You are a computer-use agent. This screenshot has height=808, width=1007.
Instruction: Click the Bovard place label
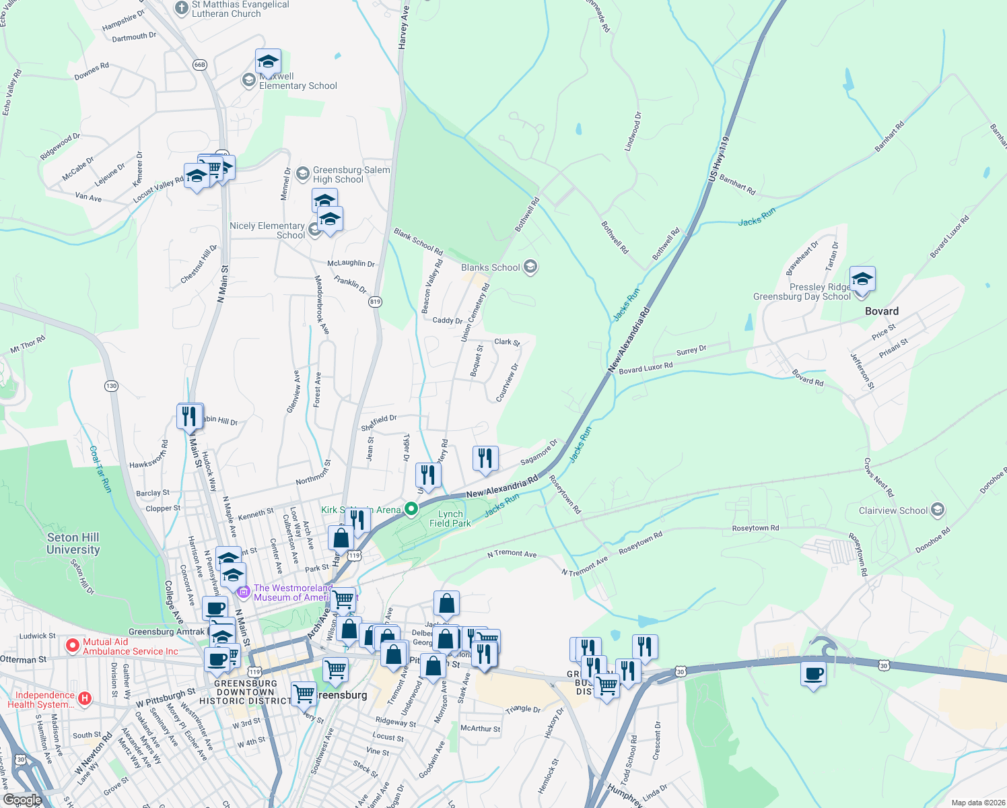click(881, 311)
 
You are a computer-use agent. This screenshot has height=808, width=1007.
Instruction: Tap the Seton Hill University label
click(73, 543)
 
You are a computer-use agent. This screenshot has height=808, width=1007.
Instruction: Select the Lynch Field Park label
click(450, 518)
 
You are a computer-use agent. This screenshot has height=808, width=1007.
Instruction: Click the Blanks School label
click(490, 267)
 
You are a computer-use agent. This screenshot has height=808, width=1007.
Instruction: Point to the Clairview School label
click(893, 510)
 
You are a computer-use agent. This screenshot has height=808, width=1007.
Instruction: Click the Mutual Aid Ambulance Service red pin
click(73, 646)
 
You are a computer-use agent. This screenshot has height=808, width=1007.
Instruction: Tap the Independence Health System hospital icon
click(85, 698)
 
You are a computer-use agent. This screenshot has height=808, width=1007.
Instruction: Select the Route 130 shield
click(111, 386)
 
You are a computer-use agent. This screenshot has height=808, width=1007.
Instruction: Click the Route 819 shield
click(375, 302)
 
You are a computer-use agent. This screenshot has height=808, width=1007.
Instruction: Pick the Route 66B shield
click(199, 65)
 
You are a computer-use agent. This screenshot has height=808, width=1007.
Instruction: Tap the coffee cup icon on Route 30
click(813, 673)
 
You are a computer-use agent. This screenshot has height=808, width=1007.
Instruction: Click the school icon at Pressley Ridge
click(862, 279)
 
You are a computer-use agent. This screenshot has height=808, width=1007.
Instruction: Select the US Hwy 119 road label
click(718, 160)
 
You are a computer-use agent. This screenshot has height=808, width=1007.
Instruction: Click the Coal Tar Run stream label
click(99, 469)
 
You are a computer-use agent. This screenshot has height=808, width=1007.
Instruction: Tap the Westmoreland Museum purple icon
click(244, 593)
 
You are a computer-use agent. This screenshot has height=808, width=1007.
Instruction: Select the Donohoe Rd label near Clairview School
click(932, 540)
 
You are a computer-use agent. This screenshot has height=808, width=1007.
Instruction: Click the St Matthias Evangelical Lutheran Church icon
click(181, 8)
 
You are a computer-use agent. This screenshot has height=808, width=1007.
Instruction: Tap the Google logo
click(22, 800)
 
